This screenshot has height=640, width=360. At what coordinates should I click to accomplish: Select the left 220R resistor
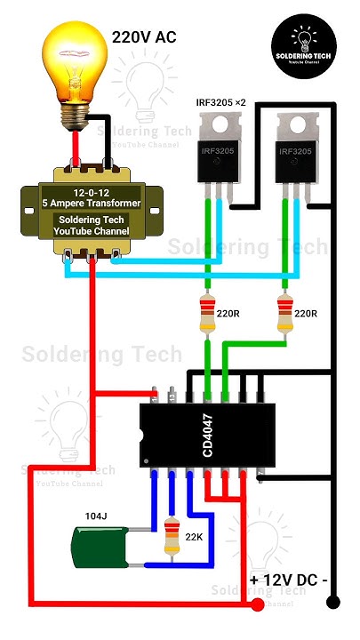(x=206, y=314)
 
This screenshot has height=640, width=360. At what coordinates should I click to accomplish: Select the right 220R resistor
(x=285, y=314)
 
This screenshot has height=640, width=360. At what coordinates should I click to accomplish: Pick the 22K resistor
(x=169, y=539)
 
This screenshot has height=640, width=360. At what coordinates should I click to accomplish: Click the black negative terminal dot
(x=333, y=603)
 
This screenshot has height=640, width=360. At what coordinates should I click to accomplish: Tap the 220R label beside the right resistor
(x=305, y=314)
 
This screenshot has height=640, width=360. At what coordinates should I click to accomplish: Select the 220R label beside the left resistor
(x=227, y=314)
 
